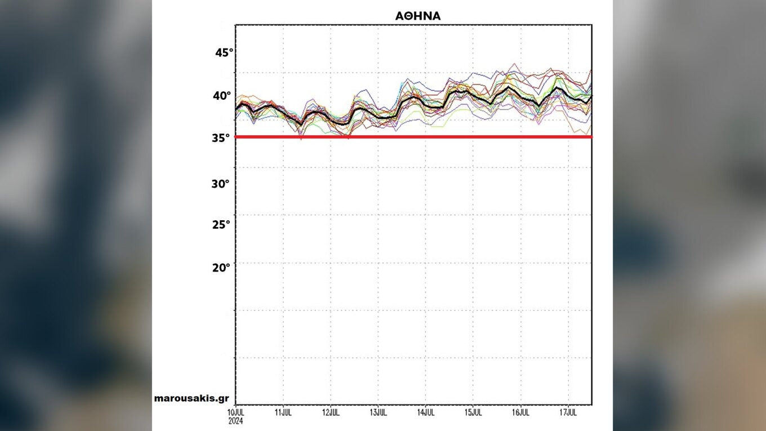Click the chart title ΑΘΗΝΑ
418,16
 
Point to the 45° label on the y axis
223,53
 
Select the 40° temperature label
222,96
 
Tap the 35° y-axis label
221,137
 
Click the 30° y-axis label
221,184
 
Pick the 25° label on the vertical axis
221,225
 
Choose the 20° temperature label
221,268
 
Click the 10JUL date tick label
235,412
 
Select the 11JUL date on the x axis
283,412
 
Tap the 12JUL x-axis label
331,412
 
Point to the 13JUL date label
378,412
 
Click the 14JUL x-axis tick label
425,412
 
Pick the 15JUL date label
473,412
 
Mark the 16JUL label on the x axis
520,412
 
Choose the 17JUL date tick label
568,412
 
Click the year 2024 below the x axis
235,420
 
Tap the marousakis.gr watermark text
191,398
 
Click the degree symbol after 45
230,50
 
